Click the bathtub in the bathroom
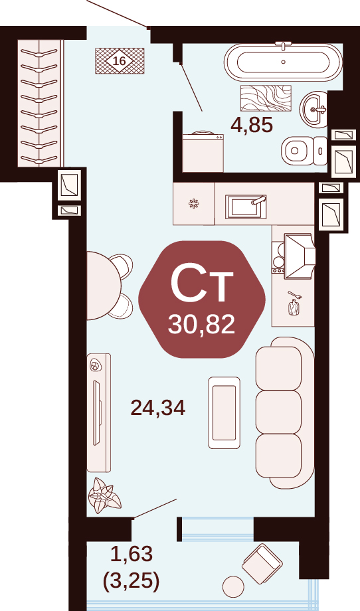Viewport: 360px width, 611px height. [283, 62]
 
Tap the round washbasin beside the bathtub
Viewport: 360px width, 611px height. [314, 109]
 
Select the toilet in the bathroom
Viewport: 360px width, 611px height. [304, 150]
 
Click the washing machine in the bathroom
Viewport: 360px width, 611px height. [203, 151]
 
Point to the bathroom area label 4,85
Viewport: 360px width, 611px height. [251, 126]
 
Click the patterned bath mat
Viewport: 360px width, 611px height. [266, 98]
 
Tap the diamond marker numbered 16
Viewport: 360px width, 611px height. [120, 60]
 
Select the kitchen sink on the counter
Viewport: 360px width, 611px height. [246, 207]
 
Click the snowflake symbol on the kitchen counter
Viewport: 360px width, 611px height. [194, 203]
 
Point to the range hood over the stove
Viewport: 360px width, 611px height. [299, 256]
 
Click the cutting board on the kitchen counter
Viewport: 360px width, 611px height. [294, 307]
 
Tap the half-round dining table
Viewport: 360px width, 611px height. [104, 286]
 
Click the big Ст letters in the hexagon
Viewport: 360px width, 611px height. [202, 283]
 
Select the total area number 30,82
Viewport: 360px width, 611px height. [201, 324]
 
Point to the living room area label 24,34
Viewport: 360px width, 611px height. [158, 408]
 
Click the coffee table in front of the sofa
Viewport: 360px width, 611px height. [224, 412]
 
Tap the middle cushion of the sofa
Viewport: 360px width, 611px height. [278, 412]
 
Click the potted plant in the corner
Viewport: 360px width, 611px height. [104, 496]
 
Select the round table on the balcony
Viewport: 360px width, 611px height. [233, 586]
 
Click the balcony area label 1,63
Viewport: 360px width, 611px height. [131, 554]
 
